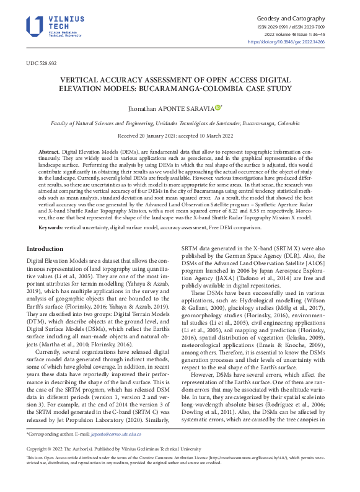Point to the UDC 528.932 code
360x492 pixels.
click(41, 63)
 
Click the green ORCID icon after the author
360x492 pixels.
click(217, 108)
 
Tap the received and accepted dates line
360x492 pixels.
click(180, 135)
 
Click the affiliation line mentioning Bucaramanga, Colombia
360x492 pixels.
click(180, 123)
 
